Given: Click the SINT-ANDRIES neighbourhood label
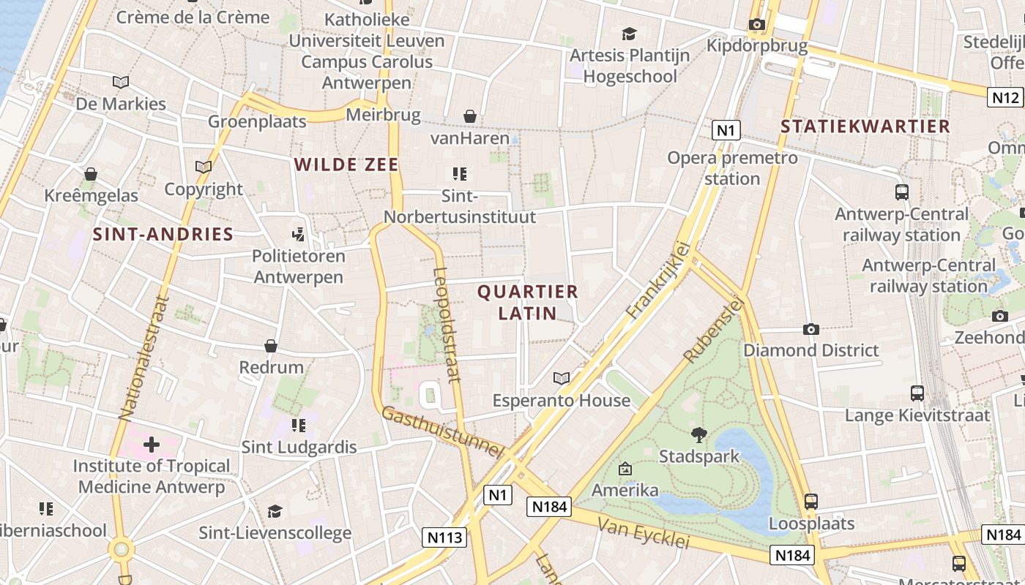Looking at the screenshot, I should (163, 235).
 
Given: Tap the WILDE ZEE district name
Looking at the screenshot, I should (346, 165).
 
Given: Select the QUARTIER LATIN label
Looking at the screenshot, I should (527, 302).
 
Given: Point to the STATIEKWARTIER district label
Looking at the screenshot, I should (865, 127).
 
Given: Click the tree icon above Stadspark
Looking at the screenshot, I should (699, 435).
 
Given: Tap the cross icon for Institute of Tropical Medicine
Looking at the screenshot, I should (152, 445).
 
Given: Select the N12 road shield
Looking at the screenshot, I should (1005, 97).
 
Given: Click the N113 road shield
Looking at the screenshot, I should (444, 537).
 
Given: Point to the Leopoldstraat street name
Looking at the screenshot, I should (447, 325).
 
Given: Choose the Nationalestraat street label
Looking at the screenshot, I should (143, 358).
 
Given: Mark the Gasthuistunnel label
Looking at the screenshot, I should (443, 432).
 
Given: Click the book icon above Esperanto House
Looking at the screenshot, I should (562, 378).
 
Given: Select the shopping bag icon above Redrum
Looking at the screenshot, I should (271, 346).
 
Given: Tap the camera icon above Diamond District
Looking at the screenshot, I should (810, 329).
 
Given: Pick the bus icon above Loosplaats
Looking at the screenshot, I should (810, 502).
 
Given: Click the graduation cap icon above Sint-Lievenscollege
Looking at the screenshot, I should (275, 511).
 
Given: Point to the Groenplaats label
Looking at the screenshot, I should (257, 121).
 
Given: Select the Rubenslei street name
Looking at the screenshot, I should (713, 330).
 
